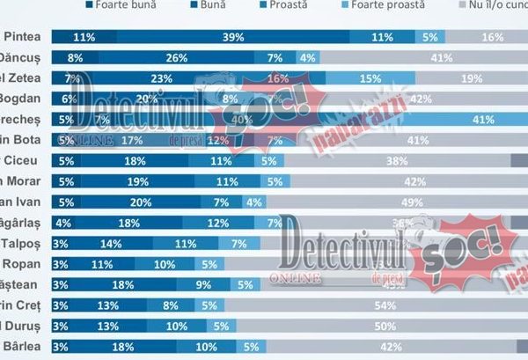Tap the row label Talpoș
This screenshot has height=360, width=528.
click(x=22, y=243)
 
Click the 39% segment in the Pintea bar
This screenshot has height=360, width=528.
click(x=233, y=37)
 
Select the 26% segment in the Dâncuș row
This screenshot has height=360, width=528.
click(x=176, y=58)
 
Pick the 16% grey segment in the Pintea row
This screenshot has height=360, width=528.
click(x=492, y=37)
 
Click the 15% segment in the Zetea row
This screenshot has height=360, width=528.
click(x=370, y=78)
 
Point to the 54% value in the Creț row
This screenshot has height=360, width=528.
click(x=408, y=305)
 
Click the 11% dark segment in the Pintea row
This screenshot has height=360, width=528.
click(x=84, y=37)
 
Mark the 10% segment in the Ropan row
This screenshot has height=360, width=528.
click(x=164, y=264)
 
